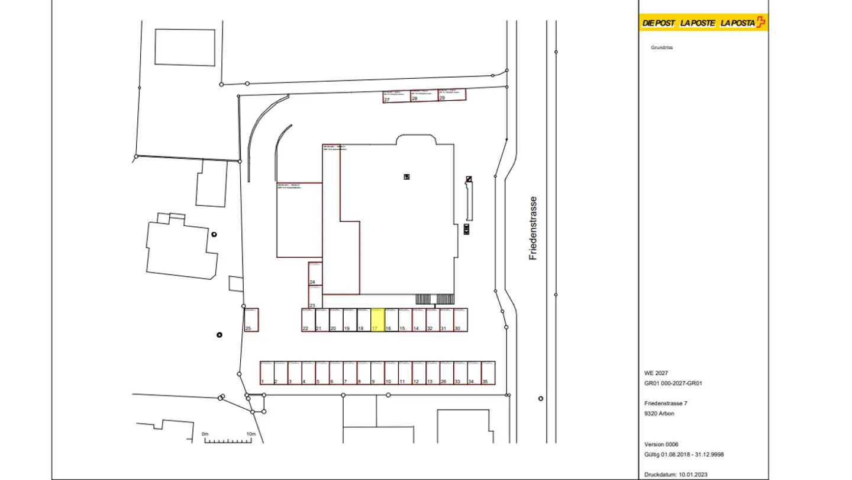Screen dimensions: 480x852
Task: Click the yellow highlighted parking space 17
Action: (377, 320)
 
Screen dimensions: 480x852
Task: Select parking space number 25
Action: (251, 320)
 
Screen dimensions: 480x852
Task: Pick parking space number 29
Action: (452, 94)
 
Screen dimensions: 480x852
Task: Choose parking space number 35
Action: (488, 373)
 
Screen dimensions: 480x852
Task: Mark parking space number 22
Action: (308, 320)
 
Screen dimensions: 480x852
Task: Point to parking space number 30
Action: (461, 320)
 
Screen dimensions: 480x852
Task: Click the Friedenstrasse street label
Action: (533, 228)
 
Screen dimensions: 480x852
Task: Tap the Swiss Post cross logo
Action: (761, 23)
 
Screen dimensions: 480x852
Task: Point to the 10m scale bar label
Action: (251, 434)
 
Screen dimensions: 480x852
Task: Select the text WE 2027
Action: (656, 373)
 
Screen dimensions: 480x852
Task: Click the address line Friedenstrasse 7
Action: (666, 404)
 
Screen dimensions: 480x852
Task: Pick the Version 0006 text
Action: (661, 444)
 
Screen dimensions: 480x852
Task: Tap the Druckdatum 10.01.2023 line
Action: (676, 475)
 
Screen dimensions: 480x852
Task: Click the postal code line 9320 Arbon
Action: (659, 414)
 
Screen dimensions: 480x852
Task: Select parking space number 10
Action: (391, 373)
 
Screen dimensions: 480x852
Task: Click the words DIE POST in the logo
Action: (659, 23)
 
